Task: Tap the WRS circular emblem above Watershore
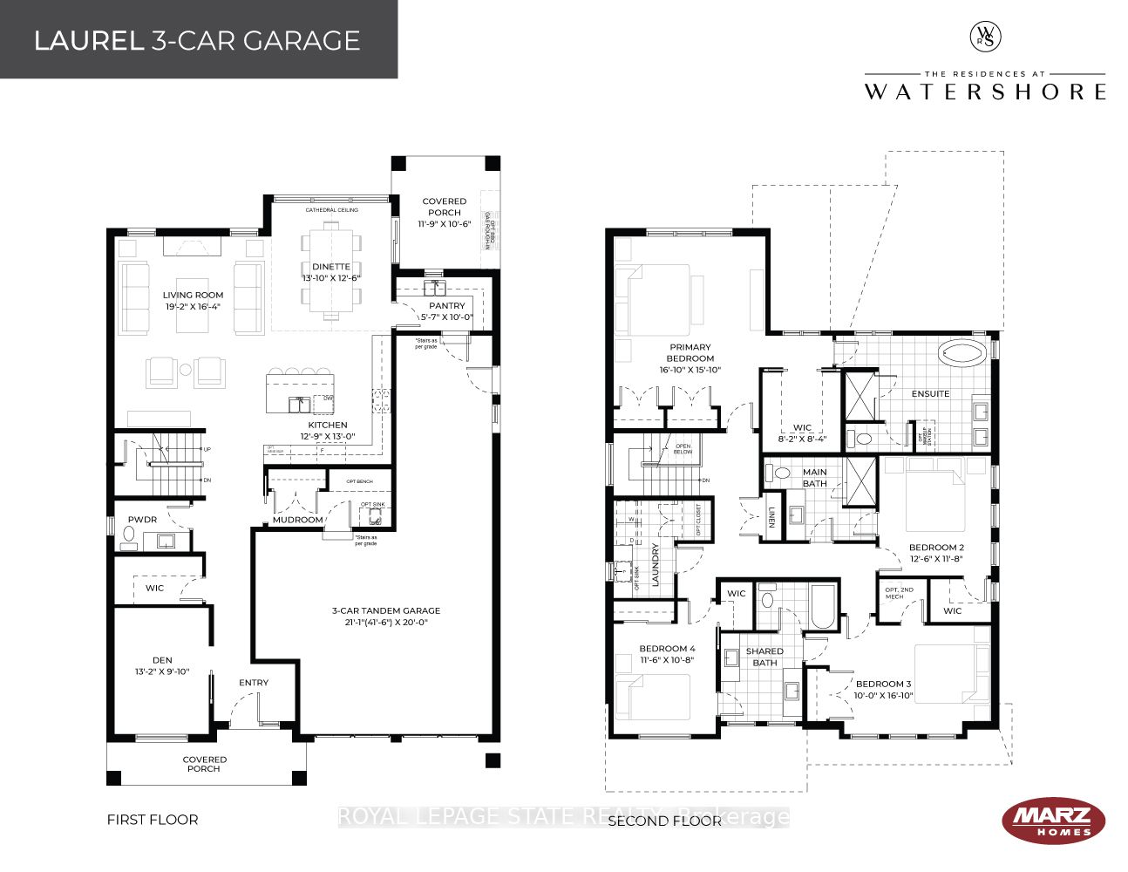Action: tap(985, 37)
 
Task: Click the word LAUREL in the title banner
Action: tap(89, 41)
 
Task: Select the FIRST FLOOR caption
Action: tap(153, 820)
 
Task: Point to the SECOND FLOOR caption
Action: tap(664, 821)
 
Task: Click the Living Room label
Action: tap(193, 295)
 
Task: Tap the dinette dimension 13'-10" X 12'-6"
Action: tap(331, 278)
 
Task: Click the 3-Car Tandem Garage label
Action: tap(385, 610)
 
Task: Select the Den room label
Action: tap(162, 660)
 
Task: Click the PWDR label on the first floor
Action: tap(142, 520)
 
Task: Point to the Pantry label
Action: tap(446, 306)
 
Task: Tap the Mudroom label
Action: tap(297, 520)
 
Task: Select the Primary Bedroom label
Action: tap(690, 352)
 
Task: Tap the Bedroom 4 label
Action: tap(667, 649)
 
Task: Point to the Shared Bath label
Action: tap(764, 657)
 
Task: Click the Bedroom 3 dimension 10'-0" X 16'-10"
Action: tap(883, 696)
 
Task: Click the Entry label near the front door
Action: tap(254, 683)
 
